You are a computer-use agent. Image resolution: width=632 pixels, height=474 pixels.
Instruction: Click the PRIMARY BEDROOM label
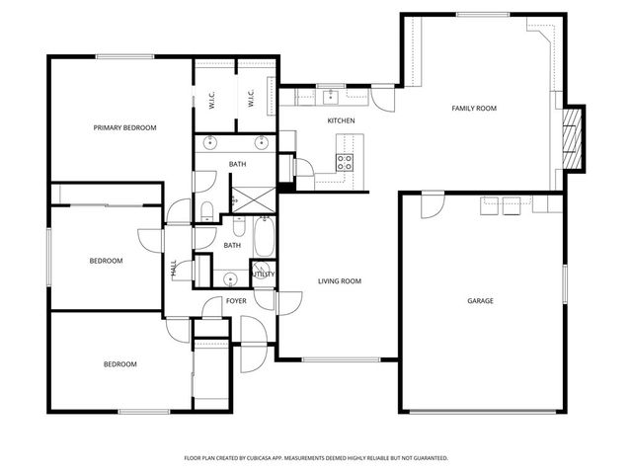124,127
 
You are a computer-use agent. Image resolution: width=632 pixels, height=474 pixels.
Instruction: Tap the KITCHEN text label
341,120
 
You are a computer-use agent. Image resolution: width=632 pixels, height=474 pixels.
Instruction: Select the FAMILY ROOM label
473,108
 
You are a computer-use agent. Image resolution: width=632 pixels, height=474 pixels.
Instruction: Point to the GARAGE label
480,300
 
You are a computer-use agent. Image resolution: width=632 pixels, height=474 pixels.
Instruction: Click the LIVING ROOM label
339,281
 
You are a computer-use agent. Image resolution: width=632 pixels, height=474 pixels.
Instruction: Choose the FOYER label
236,300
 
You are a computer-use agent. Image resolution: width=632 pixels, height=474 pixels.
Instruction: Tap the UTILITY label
264,274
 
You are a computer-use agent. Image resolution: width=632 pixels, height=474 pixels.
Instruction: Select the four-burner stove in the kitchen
346,162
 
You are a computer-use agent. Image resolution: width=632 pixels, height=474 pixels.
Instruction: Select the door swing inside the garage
431,204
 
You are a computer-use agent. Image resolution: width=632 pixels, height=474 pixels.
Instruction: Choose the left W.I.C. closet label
212,99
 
